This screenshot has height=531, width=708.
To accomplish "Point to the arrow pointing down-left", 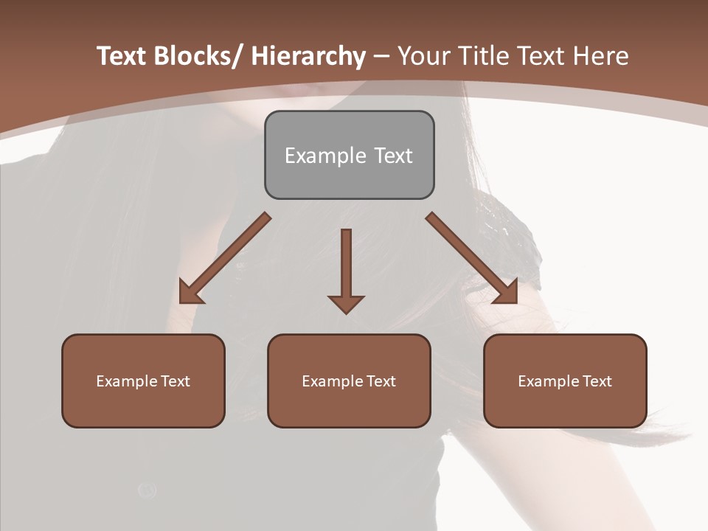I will coord(225,258).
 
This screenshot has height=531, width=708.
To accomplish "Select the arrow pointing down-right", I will coord(472,258).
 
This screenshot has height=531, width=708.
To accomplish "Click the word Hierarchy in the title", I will coord(308,56).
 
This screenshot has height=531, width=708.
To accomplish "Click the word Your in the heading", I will coord(423,56).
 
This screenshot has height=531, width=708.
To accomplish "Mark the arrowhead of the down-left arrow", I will coord(190,294).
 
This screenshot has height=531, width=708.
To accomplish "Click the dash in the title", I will coord(381,56).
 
